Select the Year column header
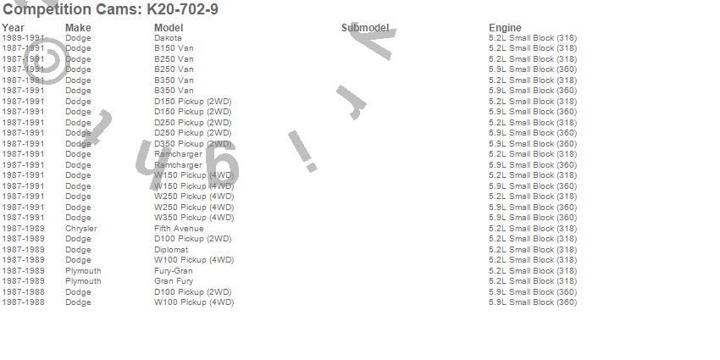click(13, 28)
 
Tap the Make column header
click(78, 28)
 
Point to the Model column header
click(169, 28)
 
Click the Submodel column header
click(365, 28)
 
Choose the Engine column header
click(505, 28)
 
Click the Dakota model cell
click(168, 38)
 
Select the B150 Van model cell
click(174, 48)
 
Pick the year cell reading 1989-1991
click(23, 38)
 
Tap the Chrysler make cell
click(81, 229)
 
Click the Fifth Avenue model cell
click(179, 229)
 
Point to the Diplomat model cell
click(171, 250)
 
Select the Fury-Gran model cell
click(174, 271)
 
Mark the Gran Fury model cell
click(174, 281)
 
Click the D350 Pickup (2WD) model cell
click(193, 144)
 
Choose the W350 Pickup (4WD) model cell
click(194, 218)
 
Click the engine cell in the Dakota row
click(533, 38)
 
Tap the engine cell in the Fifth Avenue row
click(533, 229)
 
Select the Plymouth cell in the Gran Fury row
click(83, 281)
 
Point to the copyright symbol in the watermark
click(48, 64)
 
